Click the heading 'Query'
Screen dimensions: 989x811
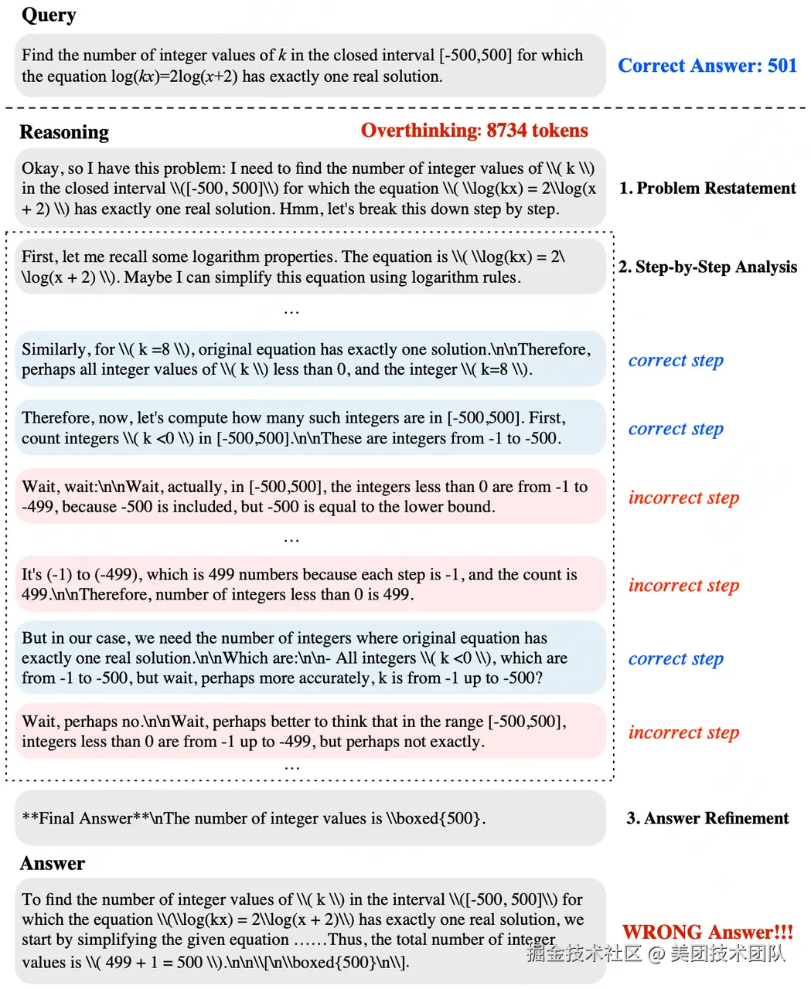click(x=49, y=15)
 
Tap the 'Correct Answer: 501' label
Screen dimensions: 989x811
click(x=707, y=66)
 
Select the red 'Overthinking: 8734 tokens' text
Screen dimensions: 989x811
click(x=474, y=131)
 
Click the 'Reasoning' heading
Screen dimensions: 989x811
click(x=64, y=132)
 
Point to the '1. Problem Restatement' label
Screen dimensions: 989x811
click(x=707, y=189)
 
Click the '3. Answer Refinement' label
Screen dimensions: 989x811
click(x=707, y=818)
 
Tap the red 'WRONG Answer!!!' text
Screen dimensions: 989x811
click(x=707, y=932)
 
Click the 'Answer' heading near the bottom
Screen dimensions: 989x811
click(x=53, y=864)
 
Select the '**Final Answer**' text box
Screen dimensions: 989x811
click(x=309, y=817)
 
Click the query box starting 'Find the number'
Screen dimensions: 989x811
click(x=309, y=66)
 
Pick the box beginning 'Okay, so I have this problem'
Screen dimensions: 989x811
click(x=309, y=189)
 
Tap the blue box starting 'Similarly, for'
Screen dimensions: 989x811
click(x=309, y=359)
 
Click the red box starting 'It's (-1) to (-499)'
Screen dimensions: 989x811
click(x=309, y=584)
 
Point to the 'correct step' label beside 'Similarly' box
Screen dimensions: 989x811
click(x=676, y=361)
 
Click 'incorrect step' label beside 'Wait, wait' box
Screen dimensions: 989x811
click(x=683, y=498)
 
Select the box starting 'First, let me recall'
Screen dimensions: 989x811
click(x=309, y=267)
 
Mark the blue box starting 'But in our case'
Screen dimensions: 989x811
click(x=309, y=658)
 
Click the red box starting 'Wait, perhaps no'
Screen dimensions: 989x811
click(x=309, y=732)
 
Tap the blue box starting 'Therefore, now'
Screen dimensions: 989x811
click(x=309, y=428)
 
